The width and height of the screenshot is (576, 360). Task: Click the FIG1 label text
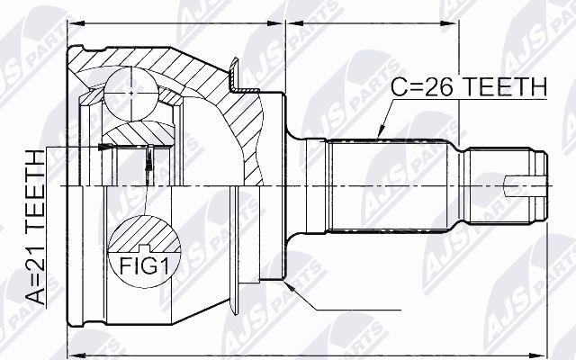tap(144, 266)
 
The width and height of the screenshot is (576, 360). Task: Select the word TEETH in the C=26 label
tap(502, 87)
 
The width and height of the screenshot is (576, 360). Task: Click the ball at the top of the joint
tap(131, 94)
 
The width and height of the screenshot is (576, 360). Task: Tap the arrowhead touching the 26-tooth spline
tap(382, 131)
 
